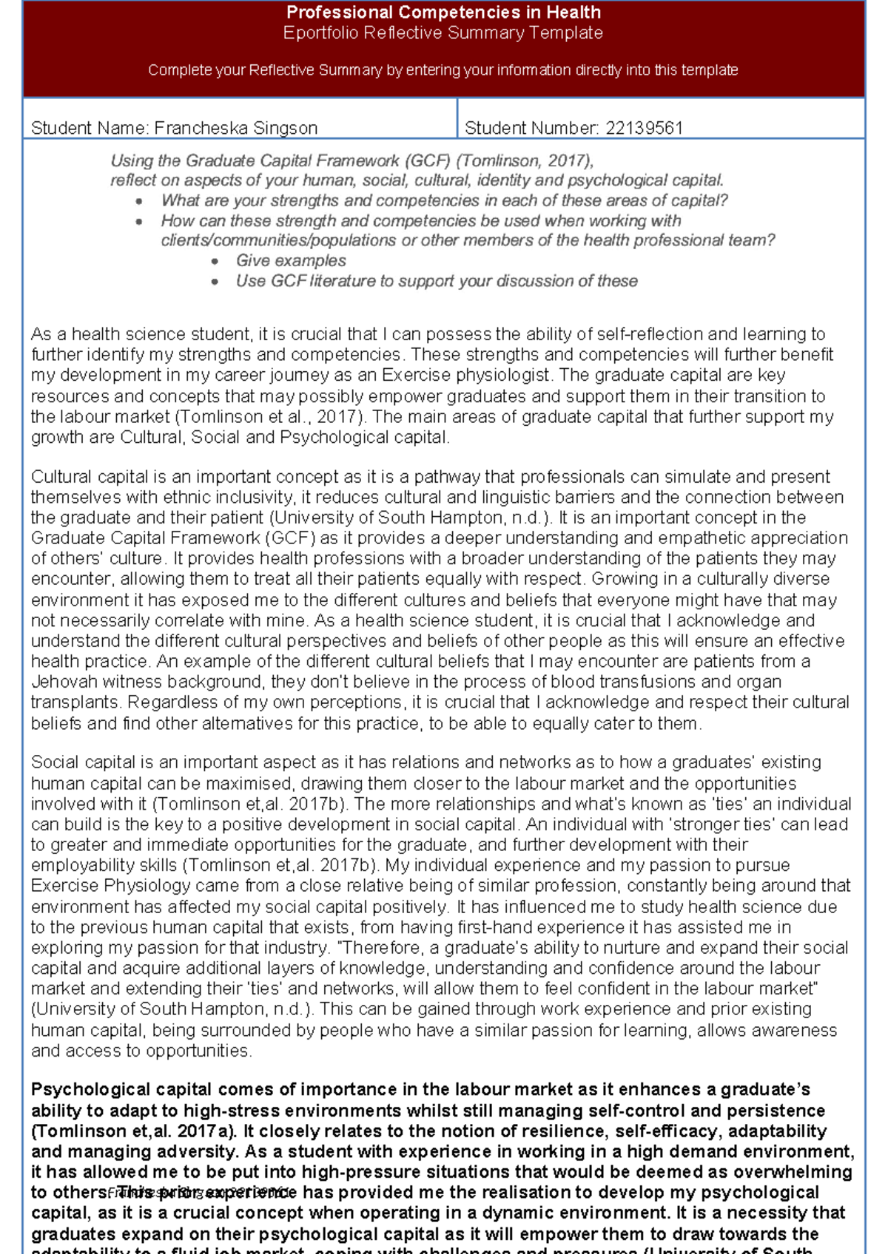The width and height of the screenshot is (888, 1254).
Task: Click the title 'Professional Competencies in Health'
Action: pyautogui.click(x=443, y=13)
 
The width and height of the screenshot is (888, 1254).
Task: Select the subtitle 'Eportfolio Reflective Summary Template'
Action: pyautogui.click(x=443, y=33)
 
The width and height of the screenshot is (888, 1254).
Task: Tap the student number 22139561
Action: pyautogui.click(x=644, y=128)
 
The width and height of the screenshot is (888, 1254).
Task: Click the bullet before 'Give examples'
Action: pyautogui.click(x=215, y=262)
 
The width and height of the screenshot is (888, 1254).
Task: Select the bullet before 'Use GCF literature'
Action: pyautogui.click(x=215, y=282)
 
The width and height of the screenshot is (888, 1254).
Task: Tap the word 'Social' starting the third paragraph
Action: pyautogui.click(x=54, y=762)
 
